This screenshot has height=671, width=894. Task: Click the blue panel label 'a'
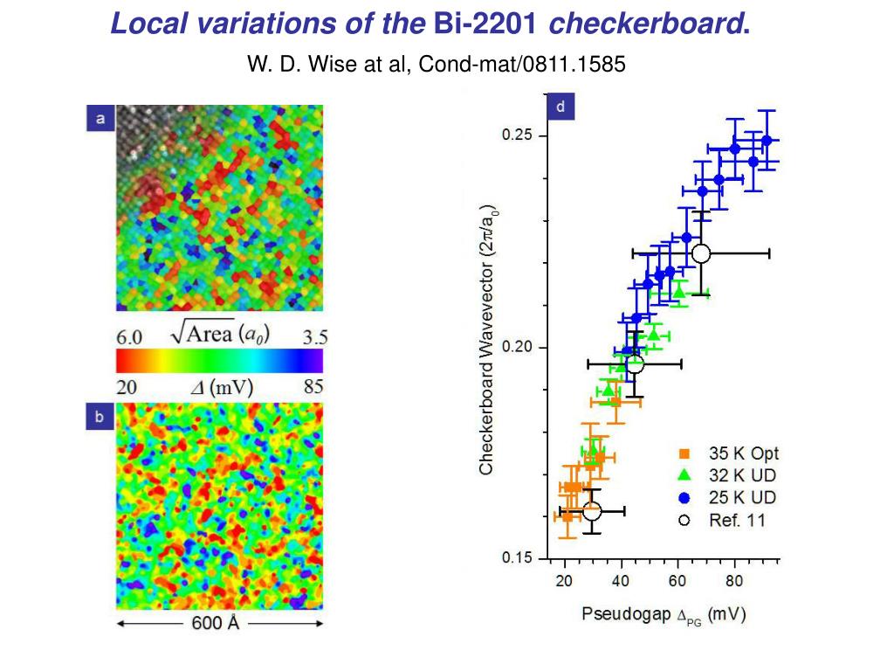coord(100,119)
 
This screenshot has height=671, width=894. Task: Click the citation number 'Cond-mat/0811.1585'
coord(523,64)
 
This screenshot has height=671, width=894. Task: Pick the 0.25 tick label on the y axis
coord(518,136)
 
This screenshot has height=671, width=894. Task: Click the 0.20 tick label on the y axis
coord(518,348)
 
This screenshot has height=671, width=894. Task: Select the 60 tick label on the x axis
coord(677,581)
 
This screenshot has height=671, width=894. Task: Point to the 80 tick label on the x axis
coord(734,581)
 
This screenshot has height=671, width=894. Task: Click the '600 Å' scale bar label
coord(216,624)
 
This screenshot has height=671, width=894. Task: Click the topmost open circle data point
coord(701,253)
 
